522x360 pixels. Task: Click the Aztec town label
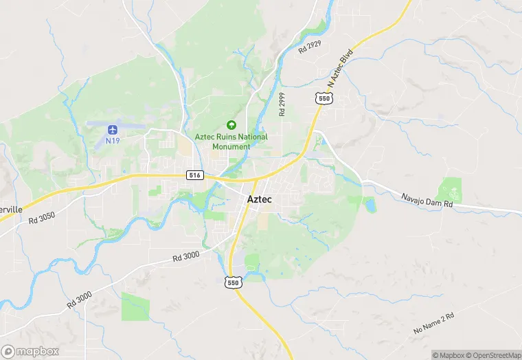260,199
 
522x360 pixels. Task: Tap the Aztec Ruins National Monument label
231,142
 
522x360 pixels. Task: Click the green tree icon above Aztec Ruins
231,125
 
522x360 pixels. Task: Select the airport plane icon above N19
112,129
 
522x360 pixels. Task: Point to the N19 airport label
112,140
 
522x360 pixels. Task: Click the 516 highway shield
195,175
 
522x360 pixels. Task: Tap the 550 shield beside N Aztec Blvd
325,99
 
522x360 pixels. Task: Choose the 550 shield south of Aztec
234,282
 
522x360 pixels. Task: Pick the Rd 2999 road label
282,104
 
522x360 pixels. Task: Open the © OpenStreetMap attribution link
494,355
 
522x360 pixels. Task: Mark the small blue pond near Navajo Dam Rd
371,205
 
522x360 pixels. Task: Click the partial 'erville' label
11,209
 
